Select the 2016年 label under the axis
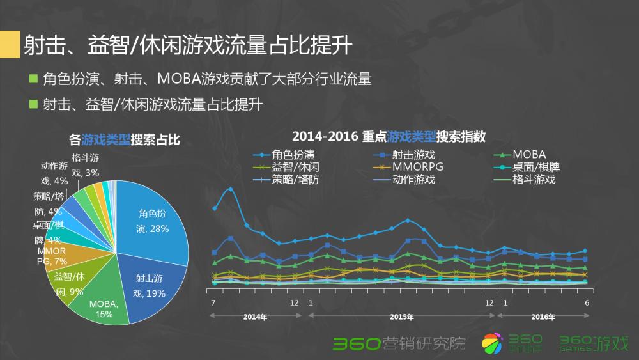543,317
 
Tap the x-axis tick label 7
213,302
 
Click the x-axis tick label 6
586,302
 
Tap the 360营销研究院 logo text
399,343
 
